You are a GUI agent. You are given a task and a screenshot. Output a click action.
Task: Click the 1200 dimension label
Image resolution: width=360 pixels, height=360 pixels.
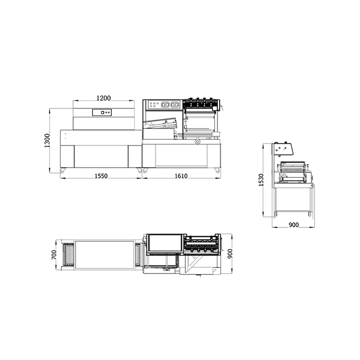coord(103,98)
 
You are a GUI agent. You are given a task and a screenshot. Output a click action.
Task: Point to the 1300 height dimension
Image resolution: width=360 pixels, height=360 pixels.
coord(47,140)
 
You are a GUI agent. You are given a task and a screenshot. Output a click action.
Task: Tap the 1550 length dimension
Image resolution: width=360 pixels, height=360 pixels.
coord(101,176)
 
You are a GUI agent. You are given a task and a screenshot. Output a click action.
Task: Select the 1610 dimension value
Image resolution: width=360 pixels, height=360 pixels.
coord(181,176)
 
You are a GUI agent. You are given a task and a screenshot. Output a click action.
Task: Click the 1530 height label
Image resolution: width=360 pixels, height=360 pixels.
coord(261,180)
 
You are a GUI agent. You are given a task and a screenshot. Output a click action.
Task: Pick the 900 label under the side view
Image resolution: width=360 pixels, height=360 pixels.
coord(294,225)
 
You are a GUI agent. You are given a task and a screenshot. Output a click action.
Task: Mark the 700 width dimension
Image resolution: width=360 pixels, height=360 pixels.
coord(54,255)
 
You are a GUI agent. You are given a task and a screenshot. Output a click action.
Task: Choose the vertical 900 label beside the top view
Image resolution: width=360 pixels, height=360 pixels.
coord(230,253)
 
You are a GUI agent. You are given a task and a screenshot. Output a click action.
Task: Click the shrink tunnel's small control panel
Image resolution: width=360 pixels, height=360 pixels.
coord(102,112)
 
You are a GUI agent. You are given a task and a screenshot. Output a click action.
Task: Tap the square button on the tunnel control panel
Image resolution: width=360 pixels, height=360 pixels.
coord(103,112)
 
